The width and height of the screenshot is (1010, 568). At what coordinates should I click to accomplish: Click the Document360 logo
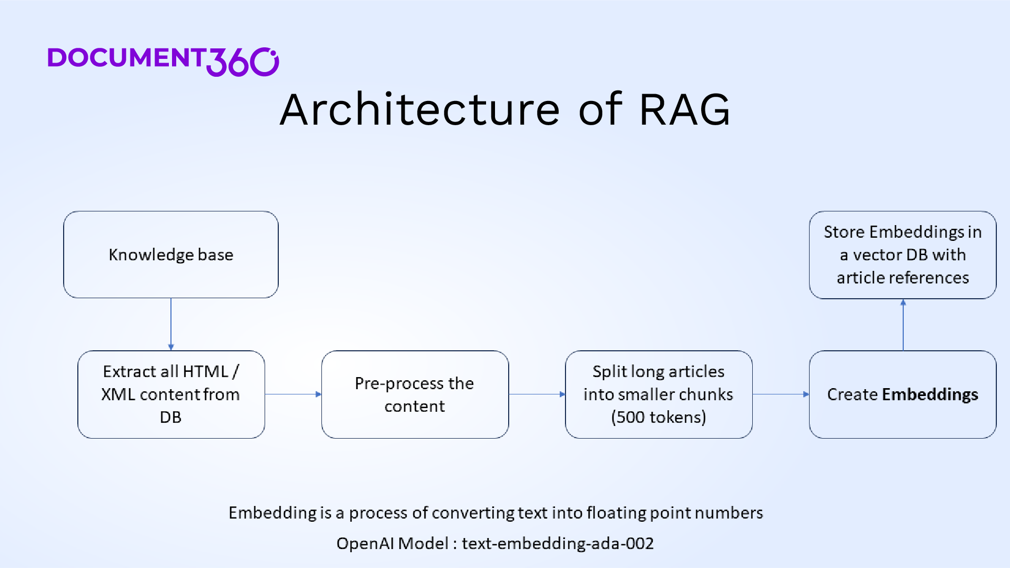[x=163, y=60]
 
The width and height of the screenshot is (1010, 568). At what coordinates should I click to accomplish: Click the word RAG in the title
[x=684, y=109]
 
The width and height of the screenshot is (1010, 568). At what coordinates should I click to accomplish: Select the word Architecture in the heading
[x=419, y=109]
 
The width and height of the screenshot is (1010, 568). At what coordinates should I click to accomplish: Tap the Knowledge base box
[x=171, y=255]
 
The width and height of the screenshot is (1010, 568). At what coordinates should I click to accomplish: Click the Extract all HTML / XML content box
[x=171, y=394]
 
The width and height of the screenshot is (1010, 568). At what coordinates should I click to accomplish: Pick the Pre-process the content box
[x=415, y=394]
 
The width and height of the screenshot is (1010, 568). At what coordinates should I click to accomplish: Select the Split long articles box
[x=658, y=394]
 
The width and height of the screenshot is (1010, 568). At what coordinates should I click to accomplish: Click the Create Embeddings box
[x=902, y=394]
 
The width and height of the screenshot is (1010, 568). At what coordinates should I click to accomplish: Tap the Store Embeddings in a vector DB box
[x=902, y=255]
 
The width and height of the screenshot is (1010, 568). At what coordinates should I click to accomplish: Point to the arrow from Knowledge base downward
[x=171, y=324]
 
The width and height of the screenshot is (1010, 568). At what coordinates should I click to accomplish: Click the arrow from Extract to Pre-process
[x=293, y=394]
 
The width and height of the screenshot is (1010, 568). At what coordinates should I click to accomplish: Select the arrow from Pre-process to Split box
[x=537, y=394]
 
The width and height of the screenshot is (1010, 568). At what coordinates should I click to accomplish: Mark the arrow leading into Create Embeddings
[x=781, y=394]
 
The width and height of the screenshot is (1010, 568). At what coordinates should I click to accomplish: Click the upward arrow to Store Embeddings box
[x=903, y=325]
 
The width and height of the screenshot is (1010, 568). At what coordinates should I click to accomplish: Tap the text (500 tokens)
[x=658, y=417]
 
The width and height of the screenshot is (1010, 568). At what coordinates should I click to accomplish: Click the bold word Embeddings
[x=930, y=394]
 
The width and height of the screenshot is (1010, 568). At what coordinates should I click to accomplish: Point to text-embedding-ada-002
[x=558, y=543]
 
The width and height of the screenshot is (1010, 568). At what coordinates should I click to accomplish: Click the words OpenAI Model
[x=392, y=543]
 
